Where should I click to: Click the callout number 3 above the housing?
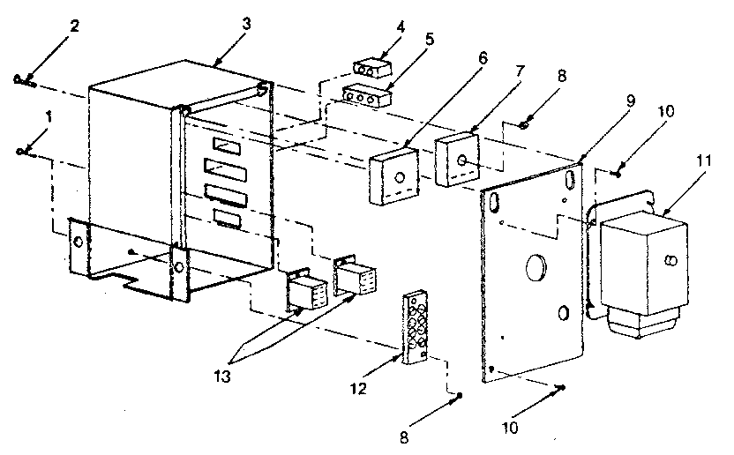pyautogui.click(x=245, y=24)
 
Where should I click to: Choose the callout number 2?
pyautogui.click(x=76, y=24)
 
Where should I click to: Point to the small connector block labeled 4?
pyautogui.click(x=372, y=69)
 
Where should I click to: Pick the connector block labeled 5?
pyautogui.click(x=364, y=94)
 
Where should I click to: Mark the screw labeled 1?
pyautogui.click(x=23, y=152)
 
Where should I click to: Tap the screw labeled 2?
pyautogui.click(x=22, y=81)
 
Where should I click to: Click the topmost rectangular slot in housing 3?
pyautogui.click(x=224, y=145)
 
